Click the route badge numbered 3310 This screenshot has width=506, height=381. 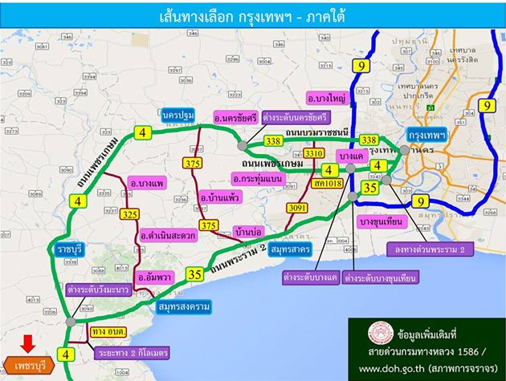(315, 152)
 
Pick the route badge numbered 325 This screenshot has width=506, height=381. (131, 214)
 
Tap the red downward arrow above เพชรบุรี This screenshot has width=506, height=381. (27, 343)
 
